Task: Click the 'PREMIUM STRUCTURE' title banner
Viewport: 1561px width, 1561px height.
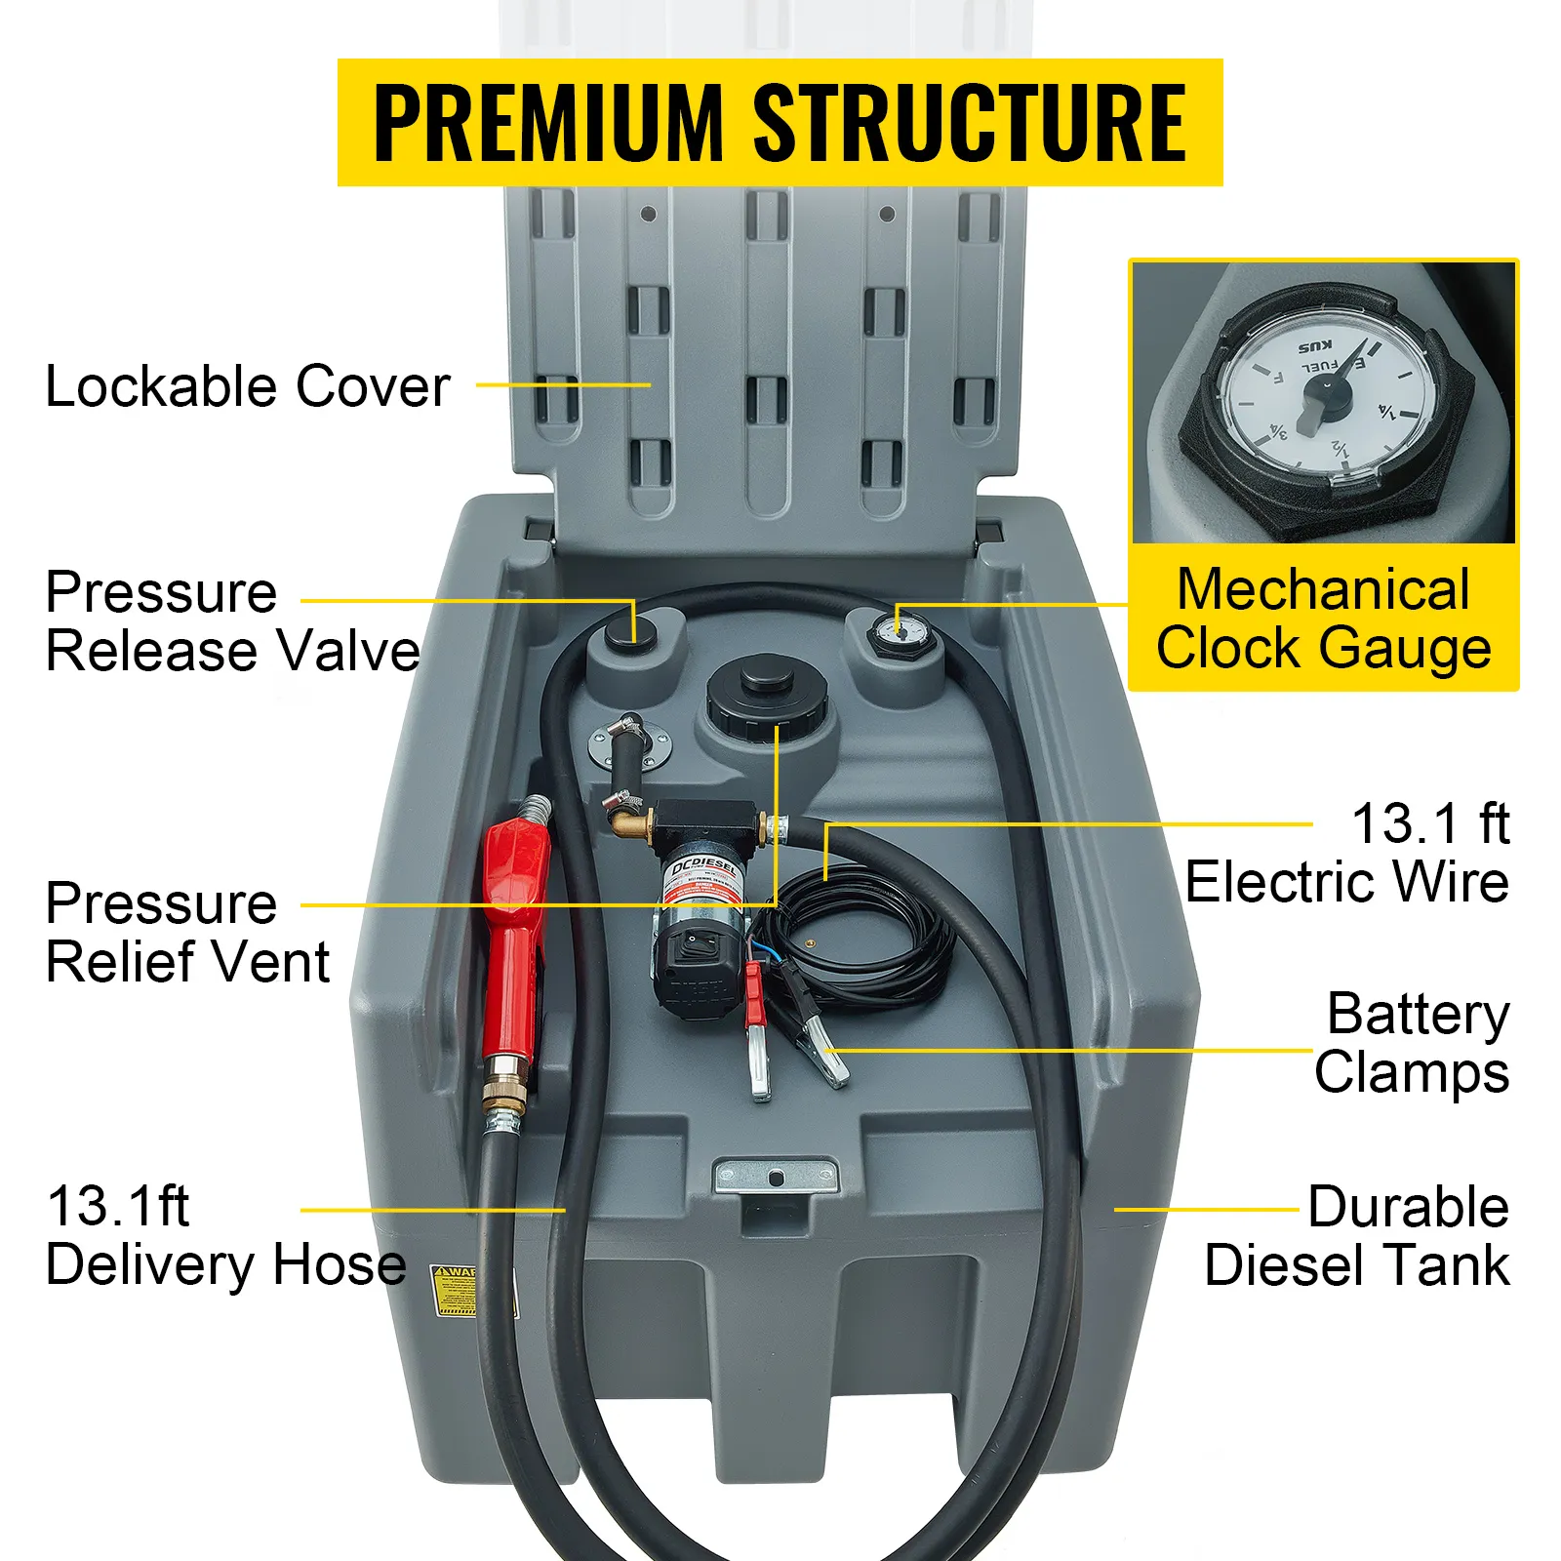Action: (780, 123)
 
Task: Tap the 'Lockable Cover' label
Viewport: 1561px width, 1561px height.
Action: (248, 386)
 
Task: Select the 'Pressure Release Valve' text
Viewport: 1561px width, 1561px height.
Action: (232, 621)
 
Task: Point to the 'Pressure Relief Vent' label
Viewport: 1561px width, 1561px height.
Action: (187, 933)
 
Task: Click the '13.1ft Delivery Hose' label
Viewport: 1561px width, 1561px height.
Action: (224, 1236)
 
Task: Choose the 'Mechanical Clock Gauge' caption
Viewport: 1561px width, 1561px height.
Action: (1323, 619)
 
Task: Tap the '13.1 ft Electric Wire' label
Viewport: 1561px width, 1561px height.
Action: (1347, 853)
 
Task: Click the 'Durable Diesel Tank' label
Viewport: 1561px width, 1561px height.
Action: (1357, 1236)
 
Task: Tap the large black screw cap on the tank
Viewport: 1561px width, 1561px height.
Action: (768, 697)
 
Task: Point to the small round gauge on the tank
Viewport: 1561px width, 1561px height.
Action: (901, 631)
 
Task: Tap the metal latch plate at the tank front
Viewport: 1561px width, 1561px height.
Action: (776, 1176)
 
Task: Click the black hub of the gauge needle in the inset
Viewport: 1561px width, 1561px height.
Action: (1328, 393)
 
